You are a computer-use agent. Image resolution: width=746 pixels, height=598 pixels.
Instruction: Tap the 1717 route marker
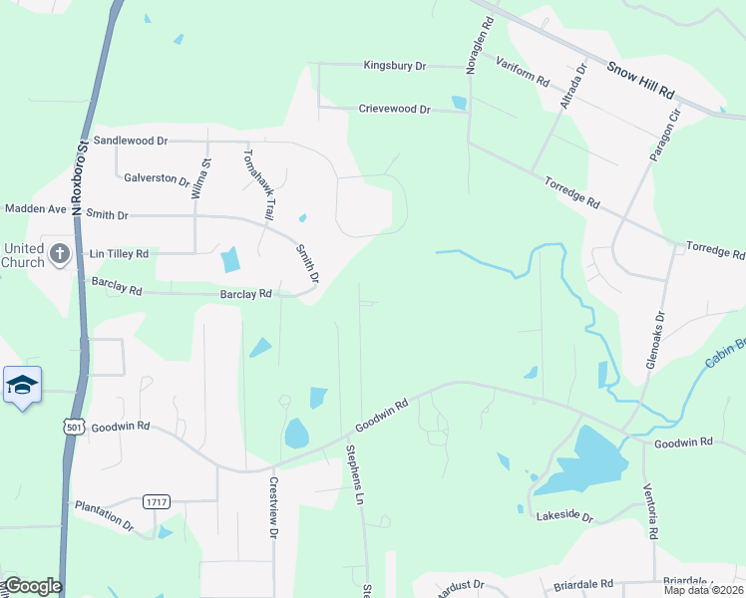(156, 500)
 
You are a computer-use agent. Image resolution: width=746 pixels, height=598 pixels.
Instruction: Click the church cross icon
(59, 253)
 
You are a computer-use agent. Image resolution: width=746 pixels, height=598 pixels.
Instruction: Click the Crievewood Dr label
(394, 109)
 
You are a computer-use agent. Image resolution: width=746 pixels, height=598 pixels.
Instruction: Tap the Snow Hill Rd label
(641, 80)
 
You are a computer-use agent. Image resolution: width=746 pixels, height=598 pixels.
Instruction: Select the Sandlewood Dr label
(130, 142)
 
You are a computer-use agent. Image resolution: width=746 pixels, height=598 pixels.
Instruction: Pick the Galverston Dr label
(157, 179)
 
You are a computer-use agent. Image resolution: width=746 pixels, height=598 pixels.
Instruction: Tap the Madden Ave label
(35, 209)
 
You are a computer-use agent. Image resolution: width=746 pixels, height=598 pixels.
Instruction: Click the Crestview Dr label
(272, 507)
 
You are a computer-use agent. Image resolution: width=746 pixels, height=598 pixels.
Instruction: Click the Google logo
(32, 586)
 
